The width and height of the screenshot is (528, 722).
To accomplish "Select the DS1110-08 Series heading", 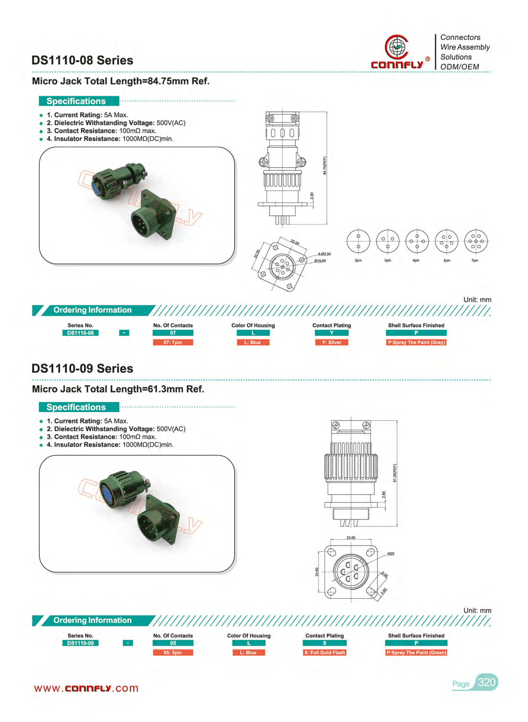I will tap(82, 60).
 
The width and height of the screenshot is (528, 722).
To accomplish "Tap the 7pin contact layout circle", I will tap(476, 242).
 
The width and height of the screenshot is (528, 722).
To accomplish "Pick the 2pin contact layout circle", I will tap(358, 242).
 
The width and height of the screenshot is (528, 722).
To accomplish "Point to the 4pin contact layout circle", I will tap(417, 242).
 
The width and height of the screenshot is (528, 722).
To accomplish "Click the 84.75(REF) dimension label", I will tap(325, 166).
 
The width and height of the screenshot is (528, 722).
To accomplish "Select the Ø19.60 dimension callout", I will tap(320, 261).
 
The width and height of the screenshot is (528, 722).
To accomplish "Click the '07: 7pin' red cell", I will tap(173, 343).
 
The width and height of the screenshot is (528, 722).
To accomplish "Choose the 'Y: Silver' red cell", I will tap(332, 343).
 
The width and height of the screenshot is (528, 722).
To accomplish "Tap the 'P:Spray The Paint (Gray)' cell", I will tap(416, 343).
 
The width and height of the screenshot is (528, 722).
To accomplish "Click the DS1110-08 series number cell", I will tap(81, 333).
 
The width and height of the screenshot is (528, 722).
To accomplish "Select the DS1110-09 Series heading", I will tap(82, 368).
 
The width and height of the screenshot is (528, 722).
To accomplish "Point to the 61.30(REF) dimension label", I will tap(395, 473).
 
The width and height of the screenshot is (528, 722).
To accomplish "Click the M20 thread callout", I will tap(391, 554).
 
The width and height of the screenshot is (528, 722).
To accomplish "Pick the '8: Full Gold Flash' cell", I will tap(325, 653).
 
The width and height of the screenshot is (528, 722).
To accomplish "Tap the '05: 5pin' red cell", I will tap(173, 653).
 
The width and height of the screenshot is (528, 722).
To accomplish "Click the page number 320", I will tap(487, 682).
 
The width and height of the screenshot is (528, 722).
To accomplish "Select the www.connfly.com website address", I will tap(86, 689).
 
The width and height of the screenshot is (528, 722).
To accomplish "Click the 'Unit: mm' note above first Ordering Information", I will tap(477, 300).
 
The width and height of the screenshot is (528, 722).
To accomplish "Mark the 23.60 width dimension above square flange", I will tap(351, 538).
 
